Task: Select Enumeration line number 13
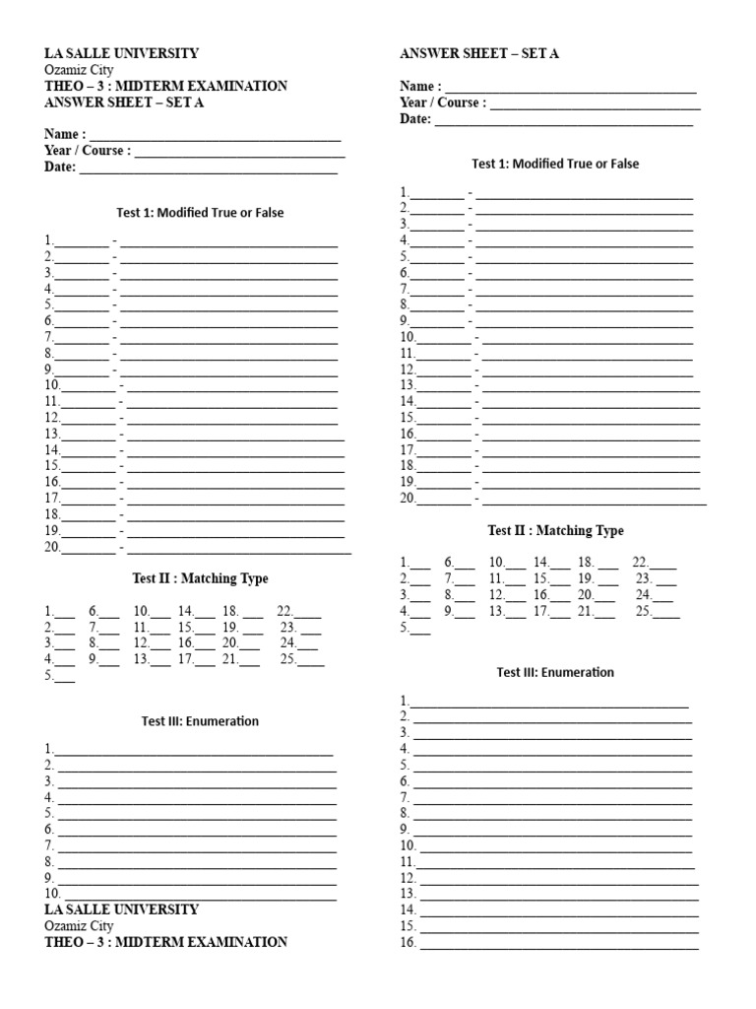[559, 895]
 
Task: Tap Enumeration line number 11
[556, 862]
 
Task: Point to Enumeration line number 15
[559, 927]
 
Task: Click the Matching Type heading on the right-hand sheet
[555, 530]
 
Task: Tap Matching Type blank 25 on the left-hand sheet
[311, 660]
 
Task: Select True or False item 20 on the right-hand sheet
[552, 499]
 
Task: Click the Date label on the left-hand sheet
[59, 168]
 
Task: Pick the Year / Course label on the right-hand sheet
[442, 102]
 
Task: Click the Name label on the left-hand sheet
[64, 134]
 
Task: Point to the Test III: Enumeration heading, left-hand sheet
[200, 721]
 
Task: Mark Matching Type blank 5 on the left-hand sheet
[65, 677]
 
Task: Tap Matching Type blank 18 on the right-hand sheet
[607, 564]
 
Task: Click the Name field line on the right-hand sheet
[571, 87]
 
